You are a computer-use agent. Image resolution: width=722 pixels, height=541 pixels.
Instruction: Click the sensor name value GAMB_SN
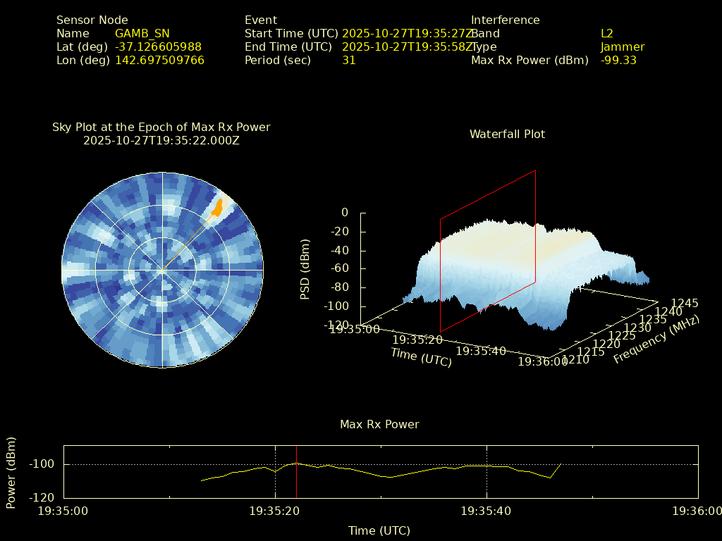click(x=142, y=34)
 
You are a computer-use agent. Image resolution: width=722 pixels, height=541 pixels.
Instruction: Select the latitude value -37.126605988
click(x=158, y=47)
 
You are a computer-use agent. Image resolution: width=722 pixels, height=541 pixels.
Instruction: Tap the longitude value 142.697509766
click(x=159, y=61)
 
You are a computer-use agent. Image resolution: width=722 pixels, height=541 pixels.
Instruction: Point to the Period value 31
click(x=349, y=61)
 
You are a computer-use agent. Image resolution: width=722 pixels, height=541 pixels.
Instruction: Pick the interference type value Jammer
click(x=623, y=47)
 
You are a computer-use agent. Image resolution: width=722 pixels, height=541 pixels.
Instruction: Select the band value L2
click(x=607, y=34)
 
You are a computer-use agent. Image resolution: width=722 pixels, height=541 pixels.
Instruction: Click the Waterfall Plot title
click(x=507, y=134)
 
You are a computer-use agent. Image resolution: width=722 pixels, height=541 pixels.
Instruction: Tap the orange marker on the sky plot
click(x=218, y=207)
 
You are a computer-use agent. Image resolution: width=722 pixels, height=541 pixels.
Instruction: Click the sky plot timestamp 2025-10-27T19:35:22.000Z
click(x=161, y=140)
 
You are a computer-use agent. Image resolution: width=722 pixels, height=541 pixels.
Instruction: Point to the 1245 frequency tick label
click(x=685, y=304)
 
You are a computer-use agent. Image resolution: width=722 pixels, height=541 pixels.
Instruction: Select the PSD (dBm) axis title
click(x=305, y=269)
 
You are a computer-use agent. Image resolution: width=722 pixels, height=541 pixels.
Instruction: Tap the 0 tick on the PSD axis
click(x=345, y=212)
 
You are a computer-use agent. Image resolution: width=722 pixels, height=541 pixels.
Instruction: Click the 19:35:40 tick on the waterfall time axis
click(x=481, y=351)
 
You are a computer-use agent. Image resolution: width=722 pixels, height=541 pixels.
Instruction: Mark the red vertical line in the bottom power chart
click(x=296, y=471)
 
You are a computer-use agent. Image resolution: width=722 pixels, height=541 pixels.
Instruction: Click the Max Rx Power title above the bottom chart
click(x=379, y=424)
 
